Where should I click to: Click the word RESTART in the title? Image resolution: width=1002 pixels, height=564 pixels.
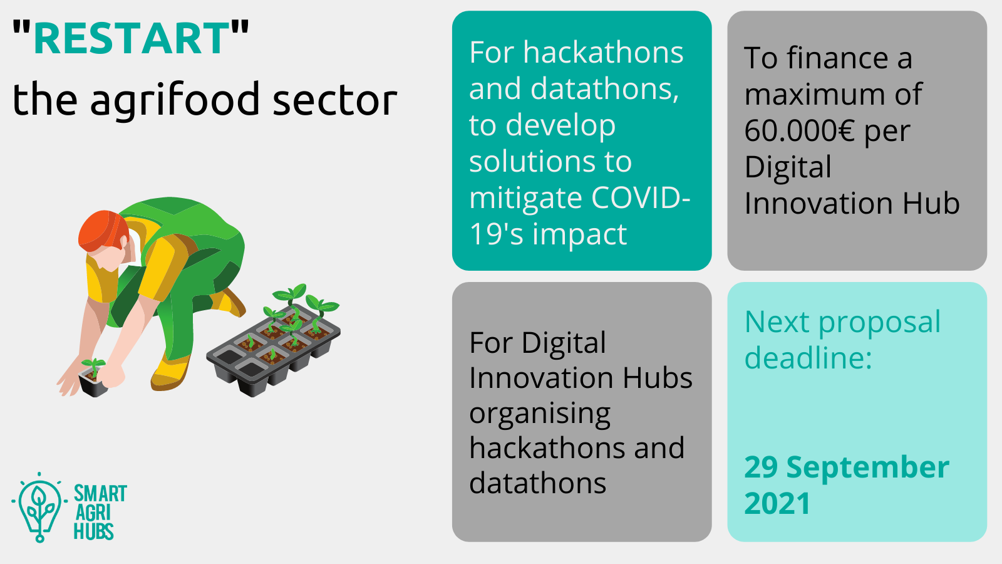pyautogui.click(x=132, y=38)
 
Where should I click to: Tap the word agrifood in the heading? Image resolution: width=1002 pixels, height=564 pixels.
pyautogui.click(x=175, y=100)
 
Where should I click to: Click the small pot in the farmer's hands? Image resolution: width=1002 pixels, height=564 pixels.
pyautogui.click(x=94, y=380)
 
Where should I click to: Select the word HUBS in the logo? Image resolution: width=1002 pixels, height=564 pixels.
pyautogui.click(x=93, y=531)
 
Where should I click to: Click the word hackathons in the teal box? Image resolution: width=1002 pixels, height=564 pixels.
pyautogui.click(x=604, y=53)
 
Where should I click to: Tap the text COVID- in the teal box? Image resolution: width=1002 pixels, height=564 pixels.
pyautogui.click(x=641, y=198)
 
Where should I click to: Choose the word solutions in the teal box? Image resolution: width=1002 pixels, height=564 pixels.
pyautogui.click(x=532, y=162)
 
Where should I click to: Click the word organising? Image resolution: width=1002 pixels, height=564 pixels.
pyautogui.click(x=540, y=415)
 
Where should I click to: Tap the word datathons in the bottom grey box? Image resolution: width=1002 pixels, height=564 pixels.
pyautogui.click(x=538, y=483)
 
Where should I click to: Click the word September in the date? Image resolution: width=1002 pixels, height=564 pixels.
pyautogui.click(x=868, y=467)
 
